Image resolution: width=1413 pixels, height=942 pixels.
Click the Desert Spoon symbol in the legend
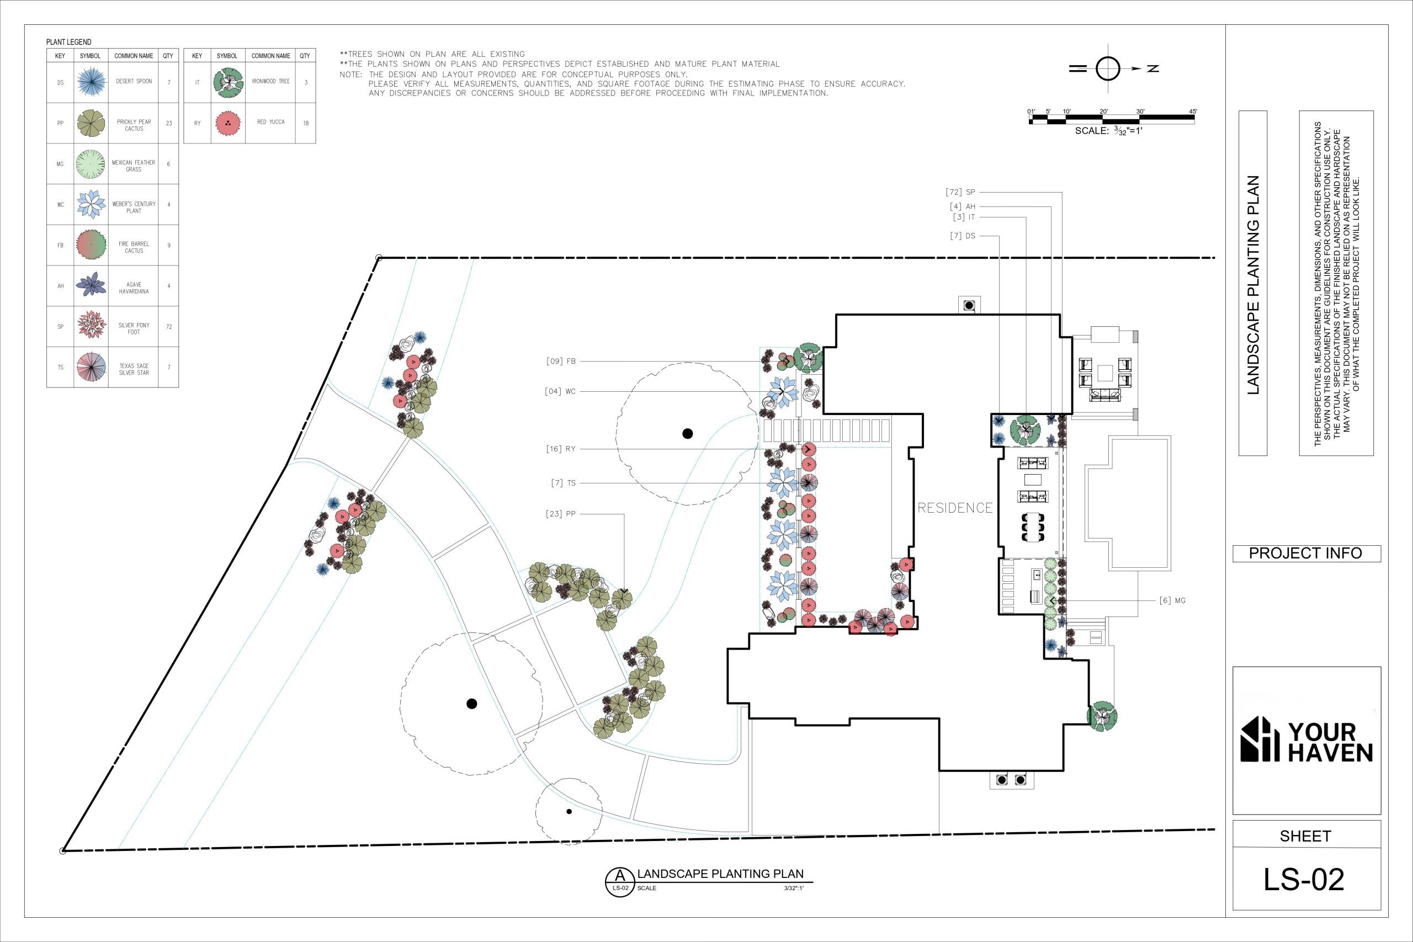(x=91, y=82)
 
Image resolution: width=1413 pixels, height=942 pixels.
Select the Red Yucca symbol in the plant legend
(x=228, y=123)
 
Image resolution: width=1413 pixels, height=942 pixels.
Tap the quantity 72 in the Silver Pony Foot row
(x=169, y=327)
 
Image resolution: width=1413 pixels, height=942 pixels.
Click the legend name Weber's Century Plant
(x=134, y=207)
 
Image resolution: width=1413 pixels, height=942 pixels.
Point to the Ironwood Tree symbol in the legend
(x=229, y=82)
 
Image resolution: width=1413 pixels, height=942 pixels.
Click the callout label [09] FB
(x=561, y=361)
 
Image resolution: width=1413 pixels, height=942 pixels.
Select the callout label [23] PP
(x=561, y=514)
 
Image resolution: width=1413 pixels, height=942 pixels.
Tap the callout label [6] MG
(x=1172, y=600)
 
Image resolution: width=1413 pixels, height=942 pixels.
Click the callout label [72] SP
(x=960, y=192)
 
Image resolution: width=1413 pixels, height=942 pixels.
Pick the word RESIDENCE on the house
(x=955, y=508)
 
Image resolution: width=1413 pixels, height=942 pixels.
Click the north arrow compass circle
(x=1108, y=69)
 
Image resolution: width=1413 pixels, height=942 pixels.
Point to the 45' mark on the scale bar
(x=1193, y=111)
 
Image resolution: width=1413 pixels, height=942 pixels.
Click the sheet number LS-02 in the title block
(x=1304, y=880)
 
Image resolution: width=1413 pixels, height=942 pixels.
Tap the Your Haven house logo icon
(x=1260, y=739)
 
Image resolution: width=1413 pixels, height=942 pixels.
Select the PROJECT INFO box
(x=1306, y=554)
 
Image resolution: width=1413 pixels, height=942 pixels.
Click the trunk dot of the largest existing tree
(x=688, y=433)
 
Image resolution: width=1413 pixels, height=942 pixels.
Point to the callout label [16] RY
(x=561, y=449)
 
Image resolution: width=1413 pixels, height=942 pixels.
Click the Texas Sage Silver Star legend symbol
(x=91, y=367)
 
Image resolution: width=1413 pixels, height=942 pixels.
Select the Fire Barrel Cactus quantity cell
(x=169, y=246)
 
